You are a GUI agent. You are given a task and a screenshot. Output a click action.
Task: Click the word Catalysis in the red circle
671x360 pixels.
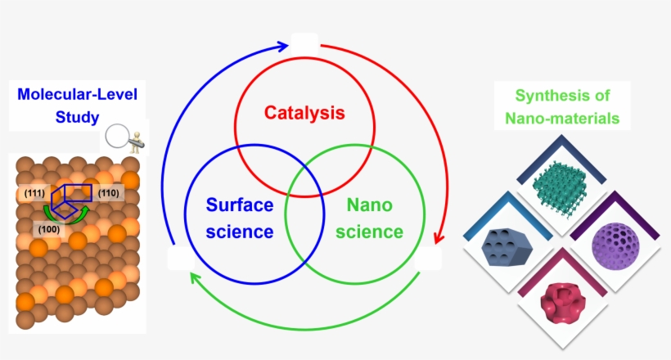(x=304, y=113)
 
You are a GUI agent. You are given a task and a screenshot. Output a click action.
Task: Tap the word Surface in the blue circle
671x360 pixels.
(x=240, y=205)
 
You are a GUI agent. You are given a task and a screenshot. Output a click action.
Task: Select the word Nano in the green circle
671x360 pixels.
(x=369, y=205)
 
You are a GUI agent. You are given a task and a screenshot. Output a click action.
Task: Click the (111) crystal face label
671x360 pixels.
(x=34, y=193)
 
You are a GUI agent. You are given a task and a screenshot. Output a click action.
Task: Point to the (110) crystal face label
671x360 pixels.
(x=108, y=193)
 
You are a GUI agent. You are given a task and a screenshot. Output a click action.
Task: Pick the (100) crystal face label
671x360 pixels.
(x=49, y=229)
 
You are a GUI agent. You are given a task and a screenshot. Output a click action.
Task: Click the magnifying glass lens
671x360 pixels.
(x=117, y=136)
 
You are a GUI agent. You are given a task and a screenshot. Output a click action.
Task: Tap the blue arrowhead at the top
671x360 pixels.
(x=282, y=46)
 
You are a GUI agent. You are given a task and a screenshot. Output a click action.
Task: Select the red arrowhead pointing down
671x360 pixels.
(x=439, y=238)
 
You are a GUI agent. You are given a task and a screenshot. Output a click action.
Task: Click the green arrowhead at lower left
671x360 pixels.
(x=195, y=278)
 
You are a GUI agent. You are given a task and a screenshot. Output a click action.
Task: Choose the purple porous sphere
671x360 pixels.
(x=615, y=245)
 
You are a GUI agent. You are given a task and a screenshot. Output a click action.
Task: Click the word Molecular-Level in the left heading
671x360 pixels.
(x=78, y=95)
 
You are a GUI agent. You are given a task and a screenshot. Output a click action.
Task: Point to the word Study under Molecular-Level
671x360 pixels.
(x=78, y=117)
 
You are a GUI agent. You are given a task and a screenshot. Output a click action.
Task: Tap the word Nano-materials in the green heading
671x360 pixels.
(x=562, y=118)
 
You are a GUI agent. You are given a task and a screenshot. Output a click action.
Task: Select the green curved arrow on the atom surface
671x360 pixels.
(x=66, y=215)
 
